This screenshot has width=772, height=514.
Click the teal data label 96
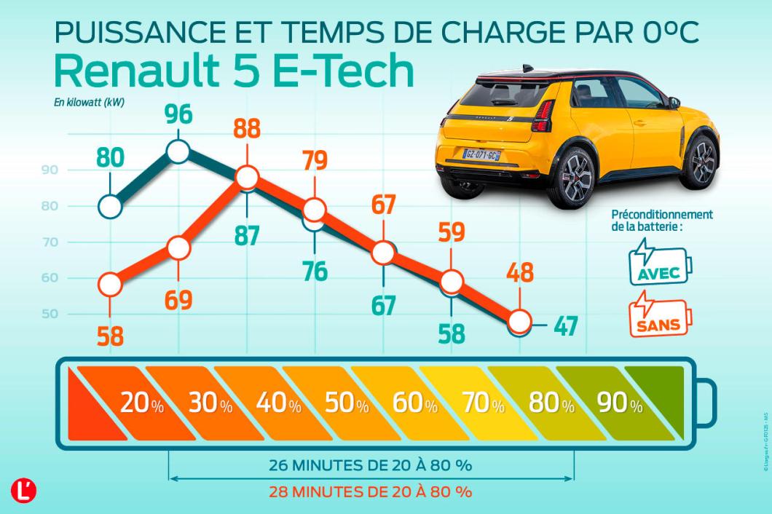coord(178,116)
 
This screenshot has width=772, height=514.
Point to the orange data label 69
coord(178,298)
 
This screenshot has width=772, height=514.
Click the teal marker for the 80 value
coord(109,207)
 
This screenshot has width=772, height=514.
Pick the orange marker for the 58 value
coord(109,285)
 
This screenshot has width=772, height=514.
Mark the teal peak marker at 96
coord(178,151)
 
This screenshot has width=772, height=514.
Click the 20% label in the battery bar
coord(142,403)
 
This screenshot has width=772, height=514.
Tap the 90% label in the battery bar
coord(620,403)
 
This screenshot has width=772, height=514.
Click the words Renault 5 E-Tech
coord(234,72)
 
